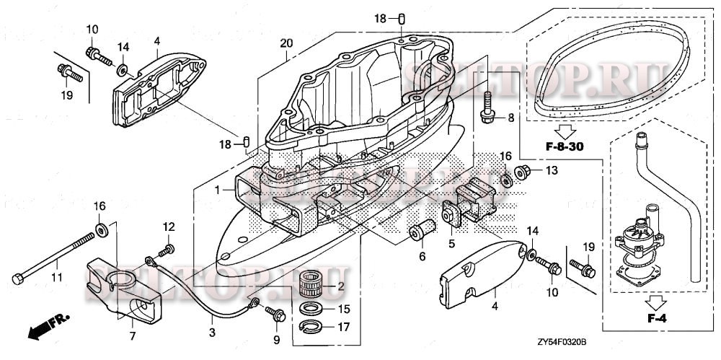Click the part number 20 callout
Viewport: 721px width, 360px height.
click(286, 44)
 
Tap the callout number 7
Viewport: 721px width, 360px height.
click(132, 336)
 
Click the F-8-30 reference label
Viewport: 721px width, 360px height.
click(563, 149)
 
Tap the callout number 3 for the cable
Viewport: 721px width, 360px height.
click(212, 333)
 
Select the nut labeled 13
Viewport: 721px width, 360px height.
click(524, 172)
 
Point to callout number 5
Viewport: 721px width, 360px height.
click(451, 243)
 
